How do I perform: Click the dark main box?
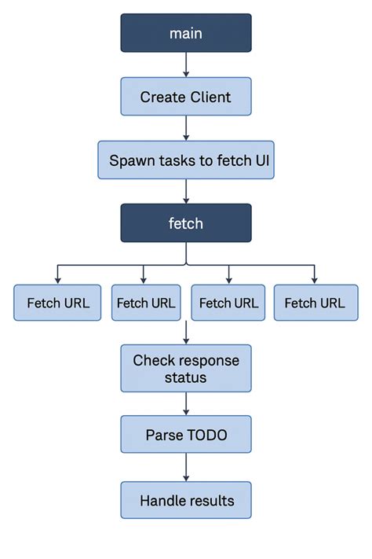186,33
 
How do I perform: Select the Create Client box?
186,97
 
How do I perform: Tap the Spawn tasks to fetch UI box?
186,160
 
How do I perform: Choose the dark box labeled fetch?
186,223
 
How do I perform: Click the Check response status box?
186,368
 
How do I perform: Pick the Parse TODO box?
186,434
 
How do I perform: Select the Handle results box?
186,500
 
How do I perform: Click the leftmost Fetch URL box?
57,303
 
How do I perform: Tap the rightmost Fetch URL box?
315,303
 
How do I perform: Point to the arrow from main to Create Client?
186,64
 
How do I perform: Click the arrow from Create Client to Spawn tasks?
186,128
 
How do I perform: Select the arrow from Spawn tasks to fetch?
186,192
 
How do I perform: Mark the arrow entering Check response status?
186,333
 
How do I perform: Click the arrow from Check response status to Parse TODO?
186,403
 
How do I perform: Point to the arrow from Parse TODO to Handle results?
186,469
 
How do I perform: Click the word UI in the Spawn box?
262,161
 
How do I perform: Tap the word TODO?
208,434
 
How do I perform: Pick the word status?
186,377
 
